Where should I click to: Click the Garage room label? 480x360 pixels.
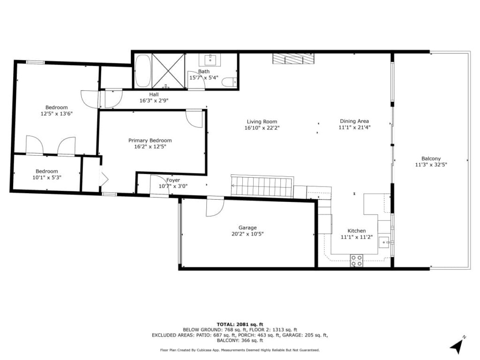tap(247, 228)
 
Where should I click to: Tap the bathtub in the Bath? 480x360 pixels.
tap(143, 71)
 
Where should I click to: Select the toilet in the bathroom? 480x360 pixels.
tap(229, 82)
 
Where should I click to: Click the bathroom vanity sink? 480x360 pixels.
tap(210, 60)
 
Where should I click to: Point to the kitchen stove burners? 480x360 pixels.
tap(357, 261)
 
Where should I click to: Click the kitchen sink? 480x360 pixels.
tap(384, 242)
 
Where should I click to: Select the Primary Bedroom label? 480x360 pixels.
tap(150, 141)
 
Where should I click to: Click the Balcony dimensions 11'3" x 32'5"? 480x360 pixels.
tap(431, 165)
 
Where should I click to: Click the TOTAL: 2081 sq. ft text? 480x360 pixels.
tap(240, 324)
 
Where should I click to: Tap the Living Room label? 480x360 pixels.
tap(262, 121)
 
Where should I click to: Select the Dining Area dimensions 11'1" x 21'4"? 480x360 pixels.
tap(354, 127)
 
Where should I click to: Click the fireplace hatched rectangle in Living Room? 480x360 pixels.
tap(293, 59)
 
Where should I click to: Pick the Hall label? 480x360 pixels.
tap(154, 95)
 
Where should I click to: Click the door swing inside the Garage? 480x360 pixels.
tap(215, 207)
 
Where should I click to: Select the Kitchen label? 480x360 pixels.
tap(357, 231)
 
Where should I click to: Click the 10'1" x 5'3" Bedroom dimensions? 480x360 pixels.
tap(47, 178)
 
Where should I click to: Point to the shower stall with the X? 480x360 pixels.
tap(168, 71)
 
